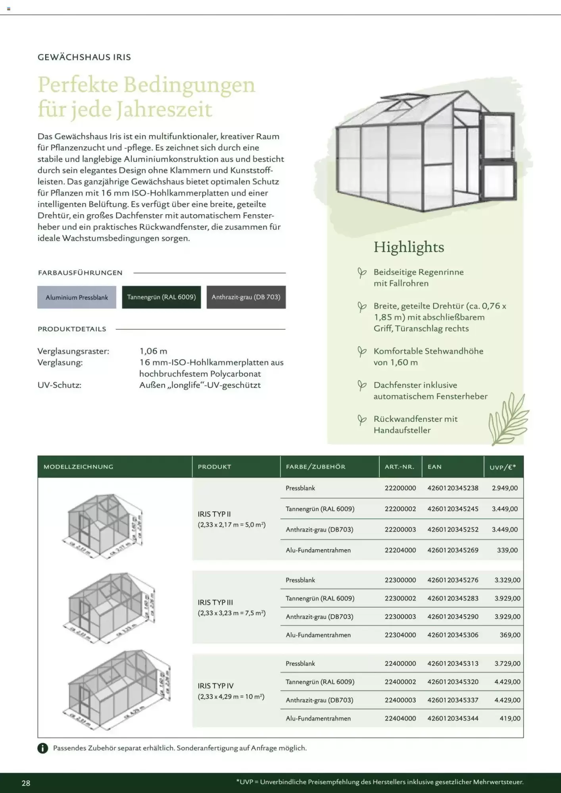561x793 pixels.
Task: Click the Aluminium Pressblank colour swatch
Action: pyautogui.click(x=77, y=297)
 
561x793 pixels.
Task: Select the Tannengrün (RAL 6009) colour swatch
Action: pyautogui.click(x=161, y=297)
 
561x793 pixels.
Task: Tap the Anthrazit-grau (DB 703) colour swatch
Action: pyautogui.click(x=246, y=297)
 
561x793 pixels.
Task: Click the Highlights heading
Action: pyautogui.click(x=409, y=247)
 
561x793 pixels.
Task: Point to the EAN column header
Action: pyautogui.click(x=434, y=467)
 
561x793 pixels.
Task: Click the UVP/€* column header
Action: pyautogui.click(x=503, y=467)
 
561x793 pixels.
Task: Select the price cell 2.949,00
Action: pyautogui.click(x=505, y=488)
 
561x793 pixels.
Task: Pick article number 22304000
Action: pyautogui.click(x=400, y=635)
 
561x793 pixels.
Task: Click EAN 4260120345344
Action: pyautogui.click(x=453, y=718)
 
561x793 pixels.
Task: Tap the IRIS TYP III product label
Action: pyautogui.click(x=215, y=602)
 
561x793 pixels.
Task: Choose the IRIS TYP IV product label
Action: pyautogui.click(x=215, y=686)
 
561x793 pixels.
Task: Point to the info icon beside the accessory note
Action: pyautogui.click(x=42, y=748)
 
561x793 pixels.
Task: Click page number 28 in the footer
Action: pyautogui.click(x=26, y=783)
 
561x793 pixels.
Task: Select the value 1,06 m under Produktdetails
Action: pyautogui.click(x=153, y=351)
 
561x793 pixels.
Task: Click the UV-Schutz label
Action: pyautogui.click(x=59, y=385)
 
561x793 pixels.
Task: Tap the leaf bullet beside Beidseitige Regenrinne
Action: pyautogui.click(x=361, y=273)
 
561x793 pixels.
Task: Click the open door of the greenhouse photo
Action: pyautogui.click(x=498, y=159)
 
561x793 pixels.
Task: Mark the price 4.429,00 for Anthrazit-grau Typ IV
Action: pyautogui.click(x=507, y=700)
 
